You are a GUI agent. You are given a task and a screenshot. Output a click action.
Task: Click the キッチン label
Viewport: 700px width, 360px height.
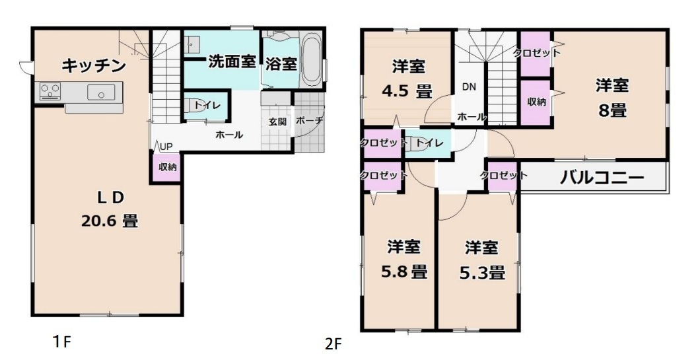tap(94, 66)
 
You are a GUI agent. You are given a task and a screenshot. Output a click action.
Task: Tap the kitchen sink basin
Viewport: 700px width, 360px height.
tap(101, 93)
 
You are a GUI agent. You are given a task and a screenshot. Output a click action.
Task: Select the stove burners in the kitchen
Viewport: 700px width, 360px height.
tap(50, 92)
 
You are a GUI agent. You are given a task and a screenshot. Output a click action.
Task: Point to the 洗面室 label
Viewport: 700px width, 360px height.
tap(232, 62)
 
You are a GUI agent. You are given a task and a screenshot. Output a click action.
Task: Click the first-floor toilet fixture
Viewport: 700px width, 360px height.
tap(193, 106)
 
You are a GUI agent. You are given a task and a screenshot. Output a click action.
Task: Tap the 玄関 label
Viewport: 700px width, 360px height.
tap(277, 121)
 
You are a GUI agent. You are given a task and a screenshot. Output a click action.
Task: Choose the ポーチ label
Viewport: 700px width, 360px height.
tap(309, 121)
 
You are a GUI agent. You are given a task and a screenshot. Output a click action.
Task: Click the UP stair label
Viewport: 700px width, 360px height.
tap(166, 147)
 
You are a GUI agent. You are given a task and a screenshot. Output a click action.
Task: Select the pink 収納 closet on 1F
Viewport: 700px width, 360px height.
tap(167, 168)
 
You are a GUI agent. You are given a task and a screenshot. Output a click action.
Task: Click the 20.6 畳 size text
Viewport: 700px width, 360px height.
tap(109, 220)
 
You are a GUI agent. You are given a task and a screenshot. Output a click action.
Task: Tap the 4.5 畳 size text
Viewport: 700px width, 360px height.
tap(407, 92)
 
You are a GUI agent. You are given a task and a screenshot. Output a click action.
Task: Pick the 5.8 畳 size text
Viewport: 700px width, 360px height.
tap(404, 271)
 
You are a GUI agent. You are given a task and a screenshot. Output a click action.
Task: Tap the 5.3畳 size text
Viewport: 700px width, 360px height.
tap(482, 271)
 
